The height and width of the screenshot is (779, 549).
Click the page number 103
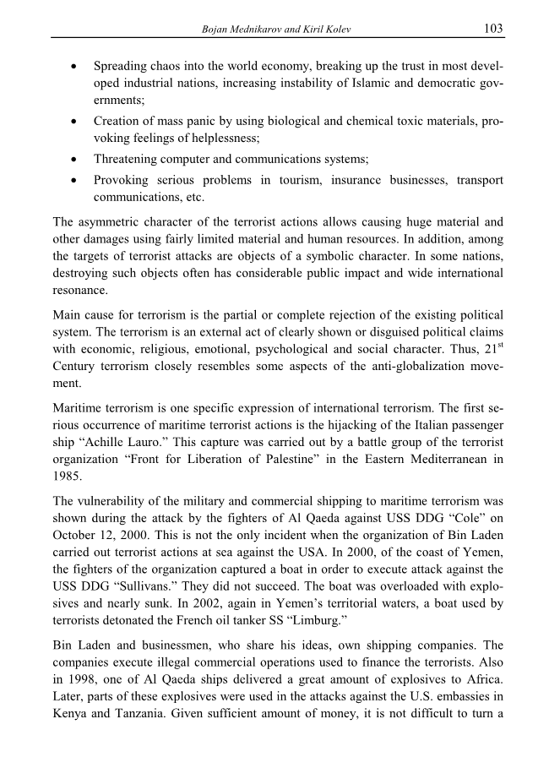(x=493, y=29)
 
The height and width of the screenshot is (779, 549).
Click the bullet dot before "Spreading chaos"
(x=77, y=66)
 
